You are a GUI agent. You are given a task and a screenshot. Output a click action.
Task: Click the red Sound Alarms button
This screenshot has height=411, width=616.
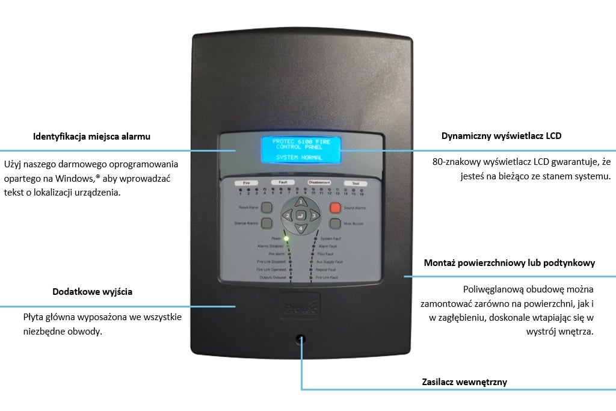point(335,208)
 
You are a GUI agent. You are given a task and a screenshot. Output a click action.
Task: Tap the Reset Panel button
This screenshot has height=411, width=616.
point(267,208)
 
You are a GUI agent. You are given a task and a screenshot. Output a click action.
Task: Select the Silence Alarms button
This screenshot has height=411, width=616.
point(267,223)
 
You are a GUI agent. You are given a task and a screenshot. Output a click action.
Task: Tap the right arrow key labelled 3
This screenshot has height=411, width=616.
point(314,215)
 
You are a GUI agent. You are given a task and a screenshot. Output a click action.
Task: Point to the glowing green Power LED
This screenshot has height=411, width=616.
point(287,239)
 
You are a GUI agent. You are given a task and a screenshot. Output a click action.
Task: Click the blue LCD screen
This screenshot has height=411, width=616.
point(300,150)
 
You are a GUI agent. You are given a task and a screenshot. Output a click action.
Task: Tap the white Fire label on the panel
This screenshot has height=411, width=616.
point(246,182)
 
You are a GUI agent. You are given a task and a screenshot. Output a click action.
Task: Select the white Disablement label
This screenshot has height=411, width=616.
point(319,182)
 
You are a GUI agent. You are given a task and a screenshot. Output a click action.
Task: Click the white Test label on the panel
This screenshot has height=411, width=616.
point(355,182)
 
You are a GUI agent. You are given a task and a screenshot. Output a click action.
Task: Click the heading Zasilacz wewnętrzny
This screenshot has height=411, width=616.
point(463,382)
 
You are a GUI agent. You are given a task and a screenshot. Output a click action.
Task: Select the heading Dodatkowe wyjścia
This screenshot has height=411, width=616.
point(93,292)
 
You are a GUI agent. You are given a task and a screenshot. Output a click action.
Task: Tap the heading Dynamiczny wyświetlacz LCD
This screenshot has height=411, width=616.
point(501,136)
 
